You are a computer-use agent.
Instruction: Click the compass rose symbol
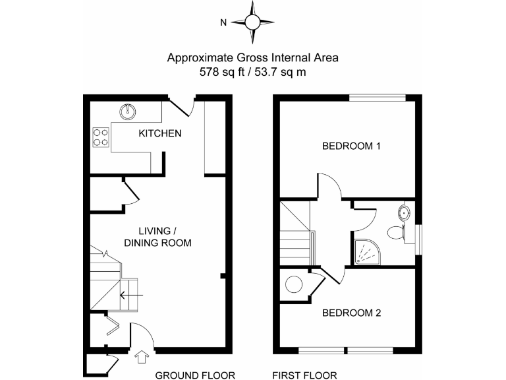pos(253,22)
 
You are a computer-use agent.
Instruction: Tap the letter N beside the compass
pos(224,22)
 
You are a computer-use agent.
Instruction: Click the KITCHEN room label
pos(159,133)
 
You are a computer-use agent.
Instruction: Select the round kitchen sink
pos(127,111)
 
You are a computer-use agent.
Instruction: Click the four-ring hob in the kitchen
pos(102,136)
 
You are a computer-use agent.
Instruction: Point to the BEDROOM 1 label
pos(351,146)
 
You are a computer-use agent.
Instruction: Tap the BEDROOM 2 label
pos(351,313)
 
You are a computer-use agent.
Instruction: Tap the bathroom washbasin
pos(405,212)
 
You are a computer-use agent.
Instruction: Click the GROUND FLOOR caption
pos(195,375)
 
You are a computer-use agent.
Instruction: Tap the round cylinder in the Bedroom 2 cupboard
pos(293,285)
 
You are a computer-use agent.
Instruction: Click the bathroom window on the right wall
pos(419,236)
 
